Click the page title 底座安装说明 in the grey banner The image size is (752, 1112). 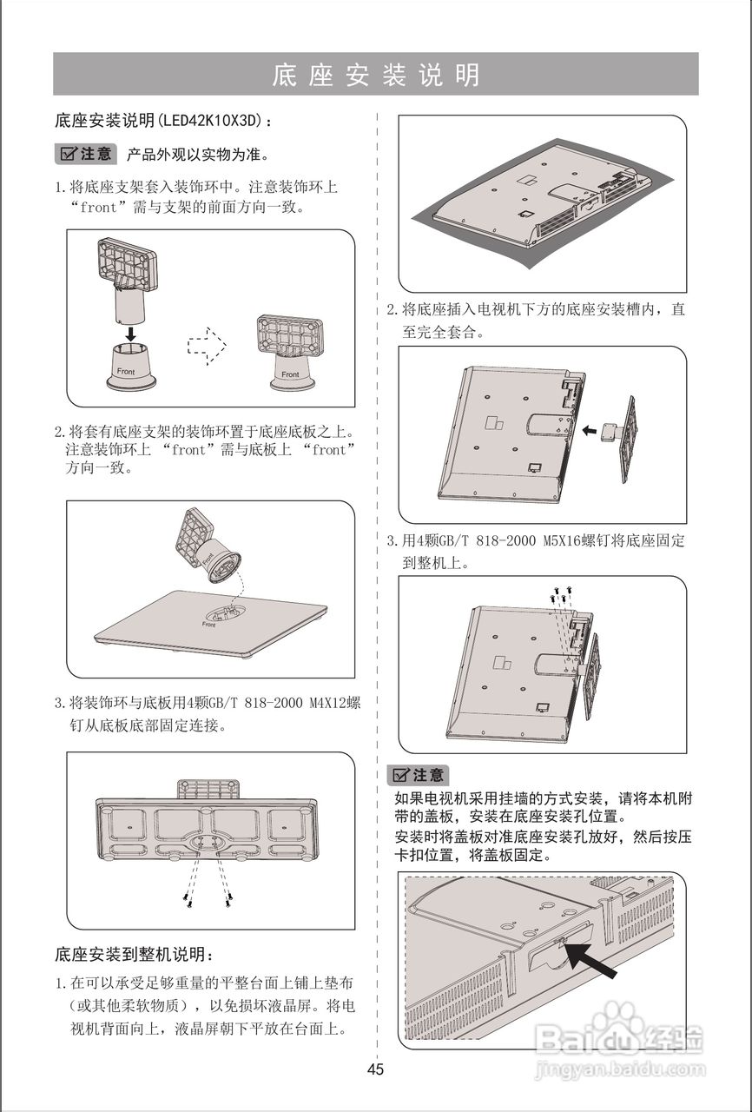click(375, 75)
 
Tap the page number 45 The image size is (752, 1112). click(375, 1069)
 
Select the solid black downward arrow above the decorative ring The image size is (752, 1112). click(129, 334)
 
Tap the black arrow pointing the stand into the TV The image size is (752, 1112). click(590, 429)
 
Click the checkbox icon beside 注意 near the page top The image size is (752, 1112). click(68, 155)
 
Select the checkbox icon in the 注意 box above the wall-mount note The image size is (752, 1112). click(401, 776)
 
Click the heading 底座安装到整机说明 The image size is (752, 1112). click(133, 956)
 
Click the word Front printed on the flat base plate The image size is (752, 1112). click(209, 625)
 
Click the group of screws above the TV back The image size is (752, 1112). click(559, 596)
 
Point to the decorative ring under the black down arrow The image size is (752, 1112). click(130, 364)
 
